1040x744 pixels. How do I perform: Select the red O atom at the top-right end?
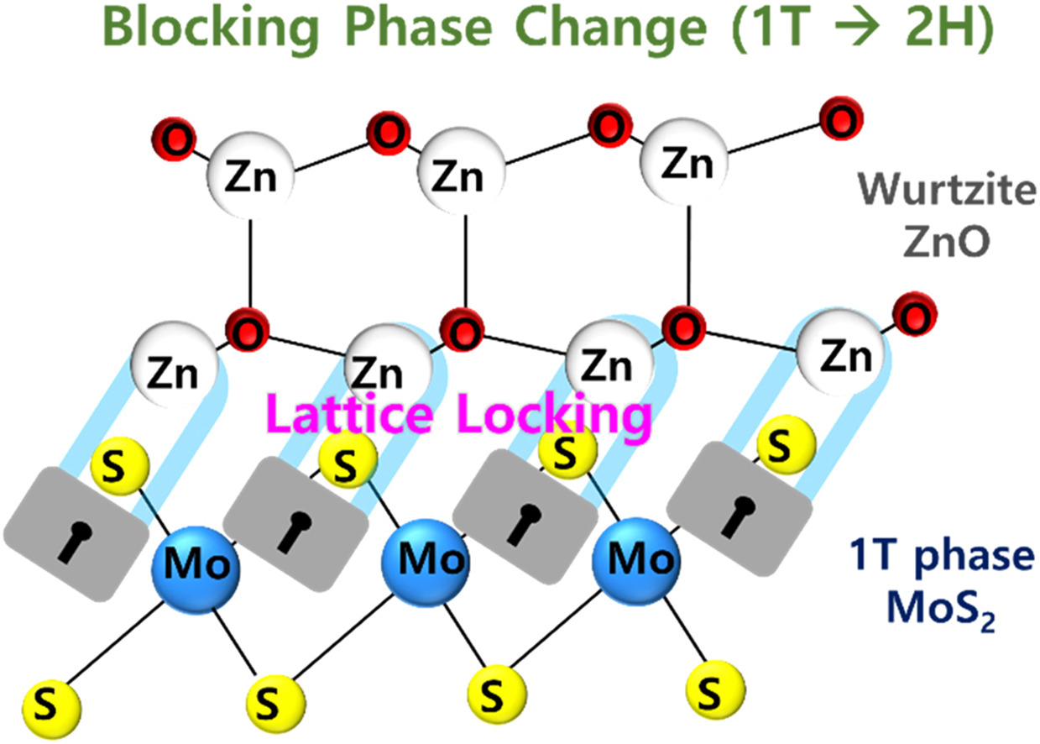click(837, 119)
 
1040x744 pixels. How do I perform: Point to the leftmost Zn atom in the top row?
click(248, 178)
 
